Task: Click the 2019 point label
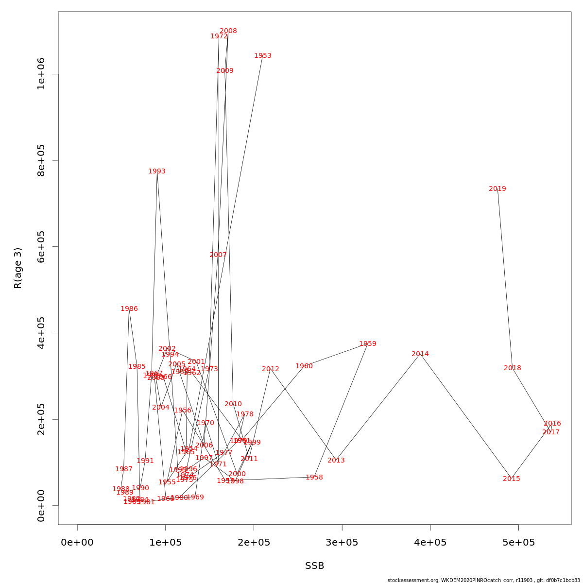pyautogui.click(x=497, y=189)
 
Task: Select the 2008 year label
pyautogui.click(x=228, y=31)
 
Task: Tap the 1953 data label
pyautogui.click(x=262, y=56)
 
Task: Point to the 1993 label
pyautogui.click(x=157, y=171)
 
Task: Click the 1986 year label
pyautogui.click(x=129, y=309)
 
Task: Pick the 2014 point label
pyautogui.click(x=420, y=354)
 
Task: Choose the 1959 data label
pyautogui.click(x=367, y=344)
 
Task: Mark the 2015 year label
pyautogui.click(x=511, y=479)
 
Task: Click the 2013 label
pyautogui.click(x=336, y=461)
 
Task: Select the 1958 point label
pyautogui.click(x=314, y=478)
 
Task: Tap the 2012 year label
pyautogui.click(x=271, y=369)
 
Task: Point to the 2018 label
pyautogui.click(x=512, y=368)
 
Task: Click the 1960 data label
pyautogui.click(x=304, y=366)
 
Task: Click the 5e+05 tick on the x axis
pyautogui.click(x=518, y=542)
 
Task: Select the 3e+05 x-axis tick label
pyautogui.click(x=342, y=542)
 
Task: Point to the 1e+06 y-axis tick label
pyautogui.click(x=41, y=74)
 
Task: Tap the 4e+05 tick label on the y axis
pyautogui.click(x=41, y=333)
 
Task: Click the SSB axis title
pyautogui.click(x=314, y=566)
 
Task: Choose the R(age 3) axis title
pyautogui.click(x=18, y=268)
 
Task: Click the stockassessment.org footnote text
pyautogui.click(x=484, y=580)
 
